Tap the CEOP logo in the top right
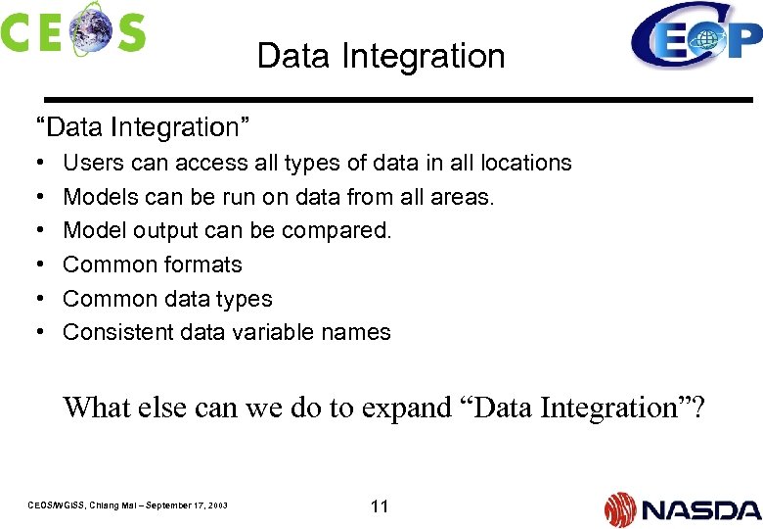click(695, 37)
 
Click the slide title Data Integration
click(381, 57)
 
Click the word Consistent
click(117, 332)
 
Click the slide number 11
click(380, 506)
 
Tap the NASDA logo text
click(699, 509)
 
